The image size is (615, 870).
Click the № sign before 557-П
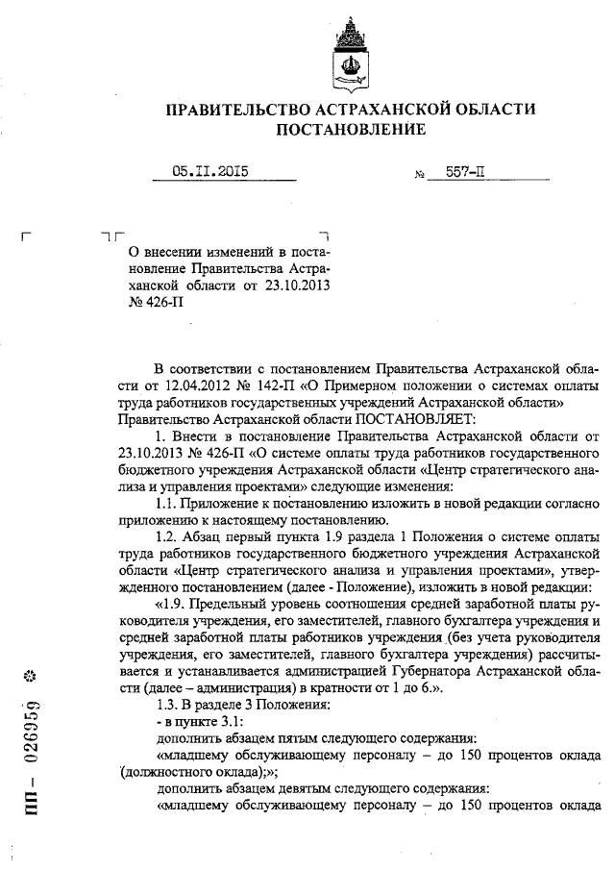click(406, 176)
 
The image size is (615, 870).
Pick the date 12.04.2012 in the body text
click(168, 384)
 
